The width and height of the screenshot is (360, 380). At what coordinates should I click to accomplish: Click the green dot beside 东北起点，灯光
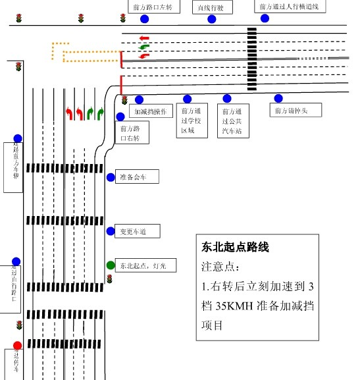pos(110,265)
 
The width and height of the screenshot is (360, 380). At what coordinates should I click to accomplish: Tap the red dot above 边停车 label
pos(18,345)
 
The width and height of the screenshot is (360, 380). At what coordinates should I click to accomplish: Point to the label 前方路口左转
pos(152,7)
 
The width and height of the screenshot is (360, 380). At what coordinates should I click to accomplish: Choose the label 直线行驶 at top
pos(212,7)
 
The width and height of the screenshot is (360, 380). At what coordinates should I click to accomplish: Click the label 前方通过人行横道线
pos(288,7)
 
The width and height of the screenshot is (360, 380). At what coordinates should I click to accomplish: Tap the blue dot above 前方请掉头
pos(278,98)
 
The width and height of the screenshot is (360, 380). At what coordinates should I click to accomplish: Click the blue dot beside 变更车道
pos(111,231)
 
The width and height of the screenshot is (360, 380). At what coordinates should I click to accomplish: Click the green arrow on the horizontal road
pos(144,47)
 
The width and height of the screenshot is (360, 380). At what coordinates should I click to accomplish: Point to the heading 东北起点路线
pos(235,248)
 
